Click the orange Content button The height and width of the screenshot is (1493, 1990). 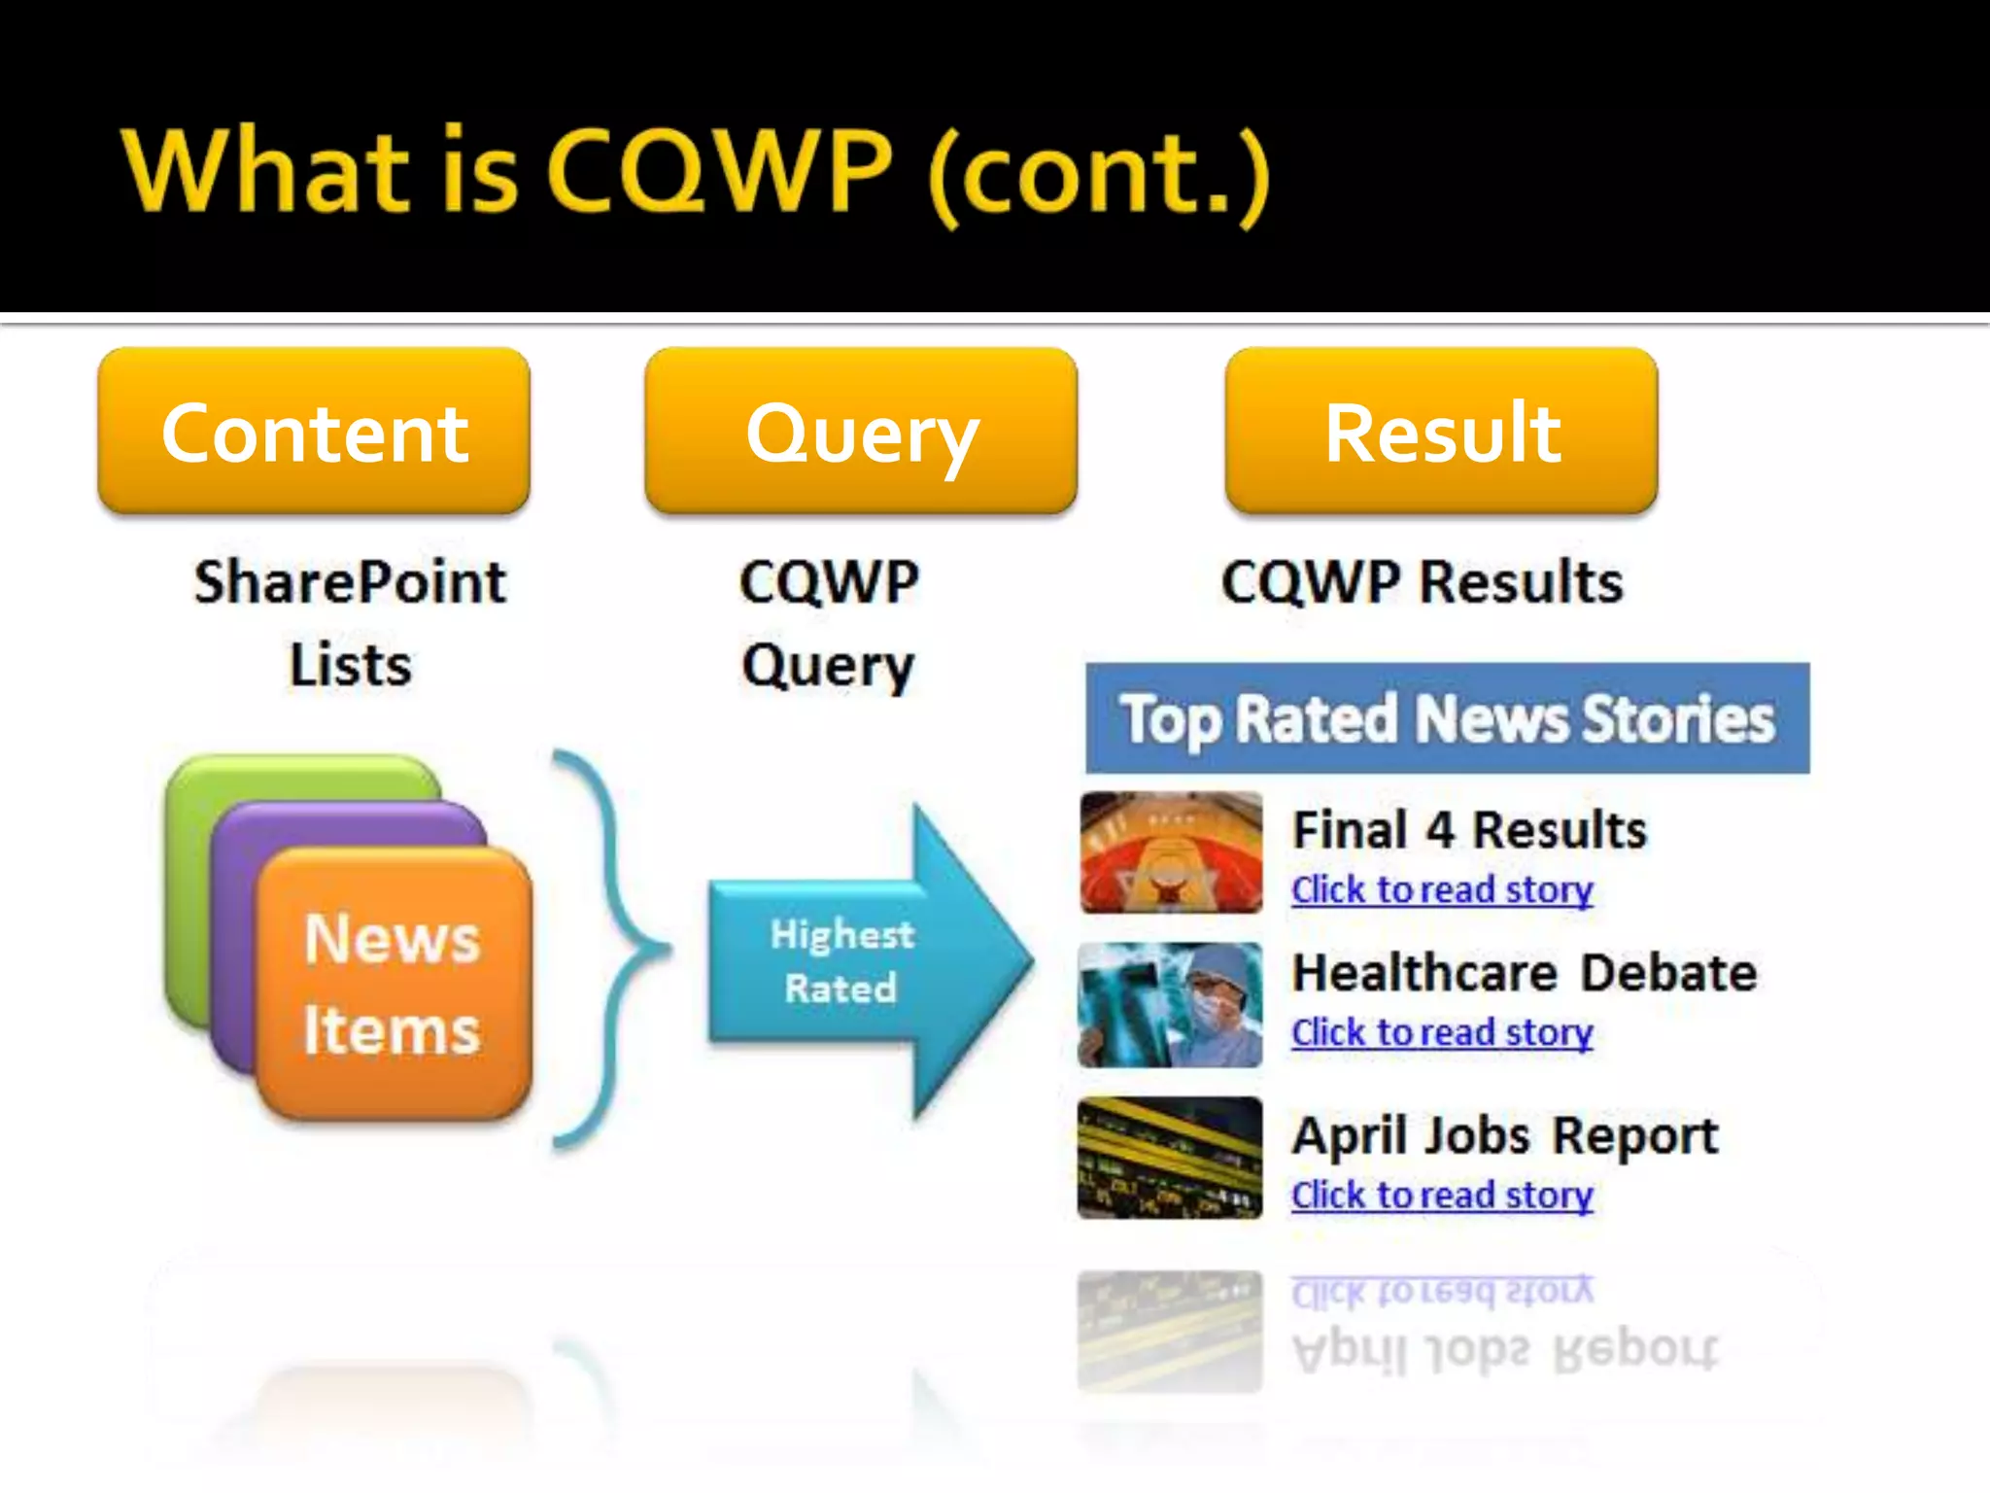(314, 431)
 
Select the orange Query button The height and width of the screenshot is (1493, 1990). (861, 431)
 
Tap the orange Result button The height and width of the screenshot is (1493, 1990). (1441, 431)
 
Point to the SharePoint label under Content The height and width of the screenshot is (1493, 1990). (350, 582)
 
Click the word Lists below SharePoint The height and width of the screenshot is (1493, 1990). (350, 666)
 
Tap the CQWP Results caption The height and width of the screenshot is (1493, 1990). (1422, 582)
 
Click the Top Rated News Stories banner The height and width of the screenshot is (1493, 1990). (1447, 719)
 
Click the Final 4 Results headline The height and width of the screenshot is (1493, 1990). (1469, 830)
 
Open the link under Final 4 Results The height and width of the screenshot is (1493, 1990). (1442, 890)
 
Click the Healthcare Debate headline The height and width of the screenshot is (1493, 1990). (1524, 972)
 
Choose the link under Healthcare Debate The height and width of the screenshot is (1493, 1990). (1442, 1032)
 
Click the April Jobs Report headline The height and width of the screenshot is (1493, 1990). (1504, 1134)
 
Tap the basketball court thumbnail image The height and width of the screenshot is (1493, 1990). (1171, 852)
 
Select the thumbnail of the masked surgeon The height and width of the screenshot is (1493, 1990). (1171, 1005)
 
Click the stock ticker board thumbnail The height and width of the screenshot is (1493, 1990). (1171, 1158)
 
